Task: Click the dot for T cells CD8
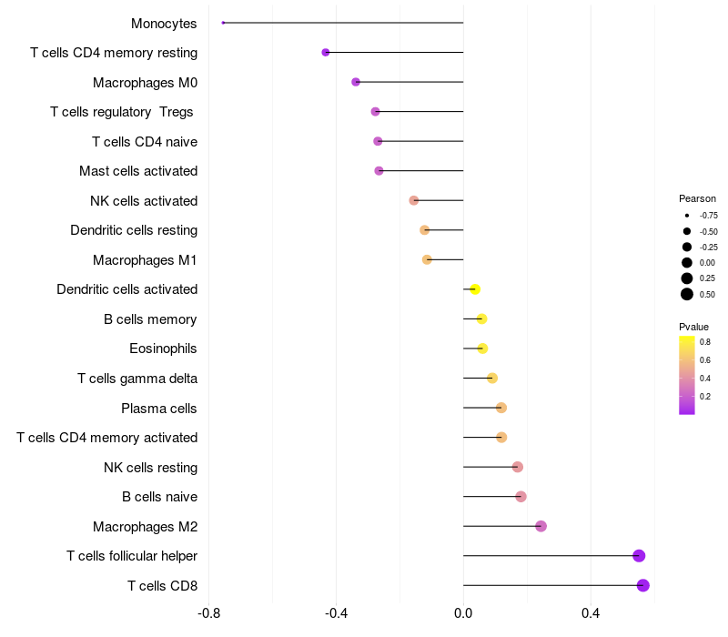pyautogui.click(x=643, y=585)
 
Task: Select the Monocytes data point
pyautogui.click(x=223, y=23)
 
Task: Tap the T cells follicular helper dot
pyautogui.click(x=639, y=556)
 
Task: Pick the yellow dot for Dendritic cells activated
pyautogui.click(x=474, y=289)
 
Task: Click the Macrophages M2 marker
pyautogui.click(x=541, y=526)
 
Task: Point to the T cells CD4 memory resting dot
pyautogui.click(x=326, y=53)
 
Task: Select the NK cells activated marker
pyautogui.click(x=414, y=200)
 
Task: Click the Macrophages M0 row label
pyautogui.click(x=145, y=83)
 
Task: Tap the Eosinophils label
pyautogui.click(x=163, y=349)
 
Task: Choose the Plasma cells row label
pyautogui.click(x=158, y=409)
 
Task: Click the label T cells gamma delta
pyautogui.click(x=137, y=379)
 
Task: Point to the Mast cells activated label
pyautogui.click(x=138, y=171)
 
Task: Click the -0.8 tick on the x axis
pyautogui.click(x=209, y=613)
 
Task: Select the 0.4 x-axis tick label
pyautogui.click(x=591, y=613)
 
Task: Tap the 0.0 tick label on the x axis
pyautogui.click(x=463, y=613)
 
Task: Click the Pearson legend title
pyautogui.click(x=697, y=198)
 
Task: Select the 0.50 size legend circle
pyautogui.click(x=687, y=294)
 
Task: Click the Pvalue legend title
pyautogui.click(x=693, y=327)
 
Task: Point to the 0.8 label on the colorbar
pyautogui.click(x=705, y=342)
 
